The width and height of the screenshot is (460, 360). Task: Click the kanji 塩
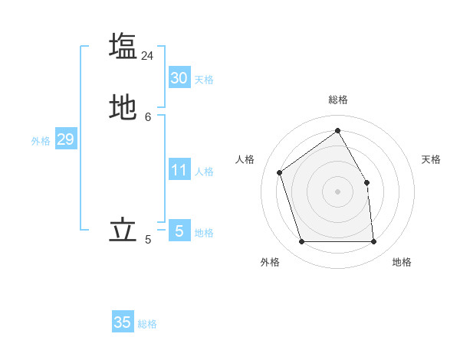123,46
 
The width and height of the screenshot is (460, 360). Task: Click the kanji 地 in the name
123,108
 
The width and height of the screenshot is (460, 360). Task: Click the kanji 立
123,231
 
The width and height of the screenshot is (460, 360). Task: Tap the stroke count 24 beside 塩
147,56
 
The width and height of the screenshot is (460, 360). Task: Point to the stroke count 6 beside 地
147,117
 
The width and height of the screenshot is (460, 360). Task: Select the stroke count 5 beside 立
147,241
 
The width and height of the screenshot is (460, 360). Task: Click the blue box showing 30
179,78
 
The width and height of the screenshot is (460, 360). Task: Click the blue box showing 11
179,170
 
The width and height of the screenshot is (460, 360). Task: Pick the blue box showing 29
65,139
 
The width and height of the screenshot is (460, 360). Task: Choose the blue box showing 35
123,322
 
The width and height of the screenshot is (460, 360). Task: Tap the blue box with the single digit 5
179,231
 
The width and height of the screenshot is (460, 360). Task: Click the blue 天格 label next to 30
203,80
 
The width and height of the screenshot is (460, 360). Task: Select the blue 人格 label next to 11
204,172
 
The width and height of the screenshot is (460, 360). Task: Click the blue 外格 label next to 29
41,141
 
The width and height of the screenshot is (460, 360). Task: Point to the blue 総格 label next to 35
147,324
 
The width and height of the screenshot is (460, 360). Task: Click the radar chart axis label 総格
338,100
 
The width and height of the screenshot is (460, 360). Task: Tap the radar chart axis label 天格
431,159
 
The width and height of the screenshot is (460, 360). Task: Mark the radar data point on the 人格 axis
280,172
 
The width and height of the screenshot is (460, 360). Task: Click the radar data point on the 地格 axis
373,242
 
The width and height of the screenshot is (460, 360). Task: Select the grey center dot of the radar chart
337,191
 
